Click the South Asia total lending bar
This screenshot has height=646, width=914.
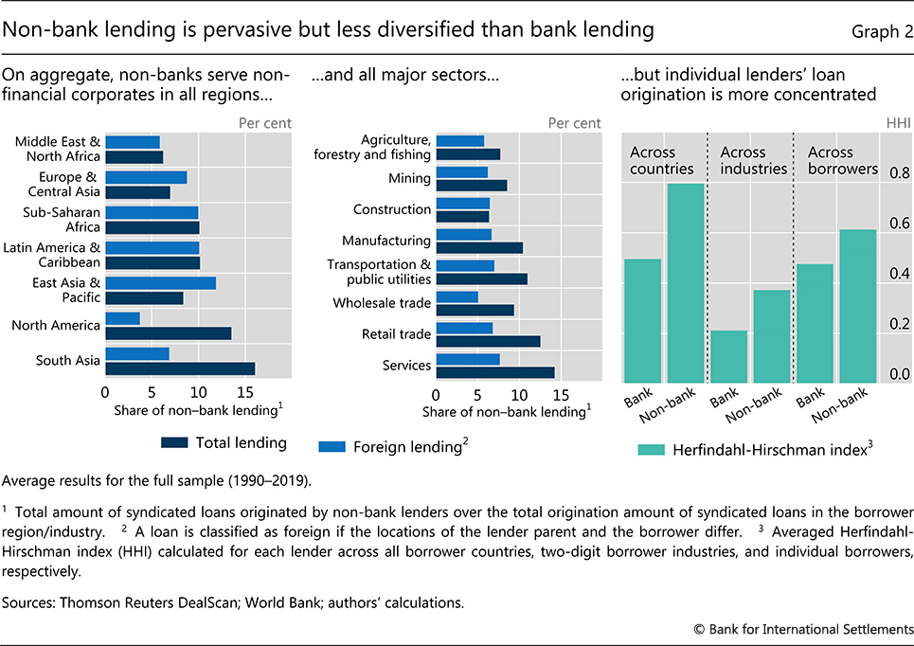(x=180, y=368)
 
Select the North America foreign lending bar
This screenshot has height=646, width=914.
(x=122, y=318)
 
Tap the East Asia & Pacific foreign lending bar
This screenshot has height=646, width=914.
(x=160, y=283)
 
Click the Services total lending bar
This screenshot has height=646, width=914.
(x=495, y=372)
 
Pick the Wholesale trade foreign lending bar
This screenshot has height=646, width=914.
(x=457, y=296)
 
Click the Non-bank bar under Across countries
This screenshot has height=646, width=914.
(x=686, y=283)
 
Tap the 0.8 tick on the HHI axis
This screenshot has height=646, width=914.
(x=899, y=173)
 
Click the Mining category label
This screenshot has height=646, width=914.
(x=409, y=178)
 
